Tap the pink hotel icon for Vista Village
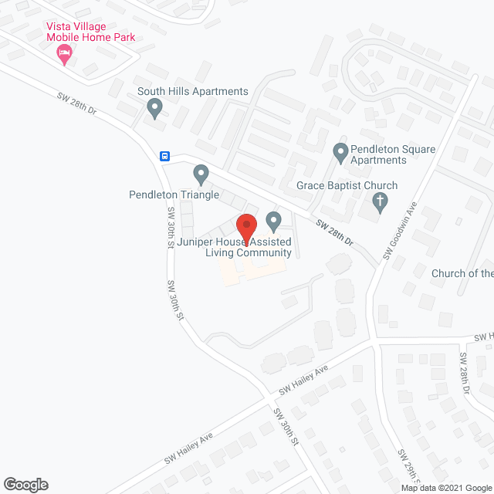tap(64, 54)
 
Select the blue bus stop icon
tap(165, 156)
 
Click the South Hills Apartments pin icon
tap(154, 109)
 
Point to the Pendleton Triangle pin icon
tap(201, 175)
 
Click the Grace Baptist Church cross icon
tap(379, 203)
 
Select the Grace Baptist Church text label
tap(347, 186)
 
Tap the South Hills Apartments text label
tap(193, 91)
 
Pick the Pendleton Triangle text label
tap(174, 195)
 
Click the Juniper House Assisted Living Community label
tap(235, 247)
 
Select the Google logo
tap(25, 485)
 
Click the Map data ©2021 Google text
tap(446, 488)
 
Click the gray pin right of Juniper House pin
tap(273, 222)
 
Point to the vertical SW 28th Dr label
tap(465, 374)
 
